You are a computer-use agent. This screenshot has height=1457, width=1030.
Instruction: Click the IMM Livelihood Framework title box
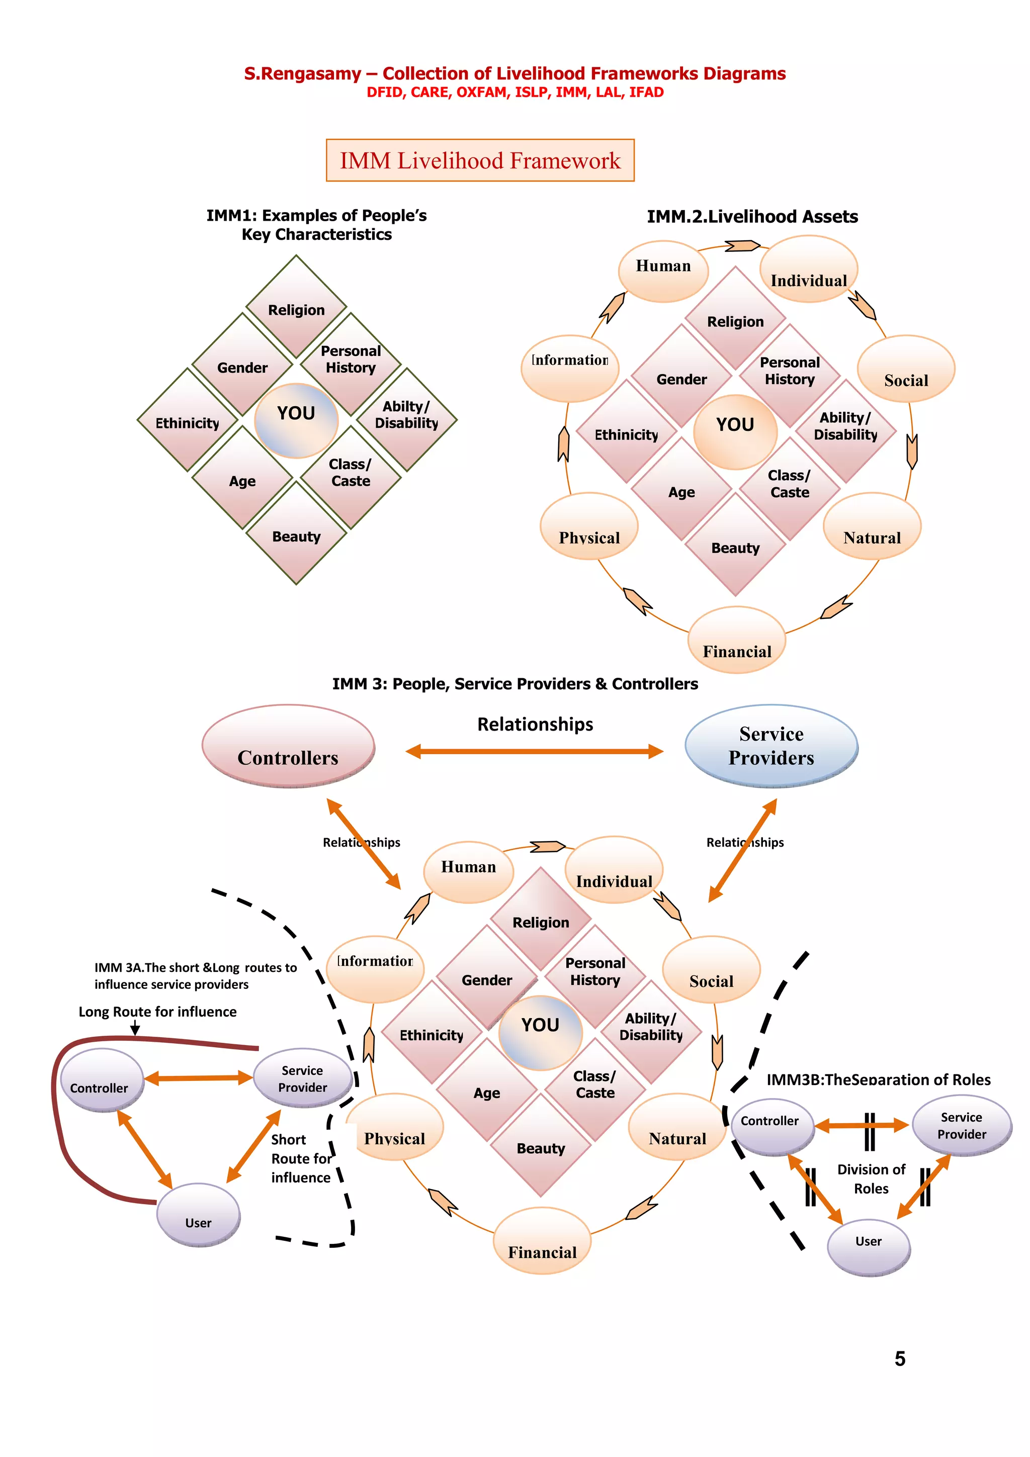pyautogui.click(x=480, y=160)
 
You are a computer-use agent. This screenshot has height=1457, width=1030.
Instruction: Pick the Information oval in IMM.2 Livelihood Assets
pyautogui.click(x=569, y=368)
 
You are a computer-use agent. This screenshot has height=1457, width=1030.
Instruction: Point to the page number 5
pyautogui.click(x=899, y=1358)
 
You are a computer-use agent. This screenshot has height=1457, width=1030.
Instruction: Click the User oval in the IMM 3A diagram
pyautogui.click(x=198, y=1215)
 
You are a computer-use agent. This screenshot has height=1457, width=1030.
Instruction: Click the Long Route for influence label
pyautogui.click(x=157, y=1012)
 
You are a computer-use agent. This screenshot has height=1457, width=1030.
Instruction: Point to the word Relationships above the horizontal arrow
pyautogui.click(x=535, y=724)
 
